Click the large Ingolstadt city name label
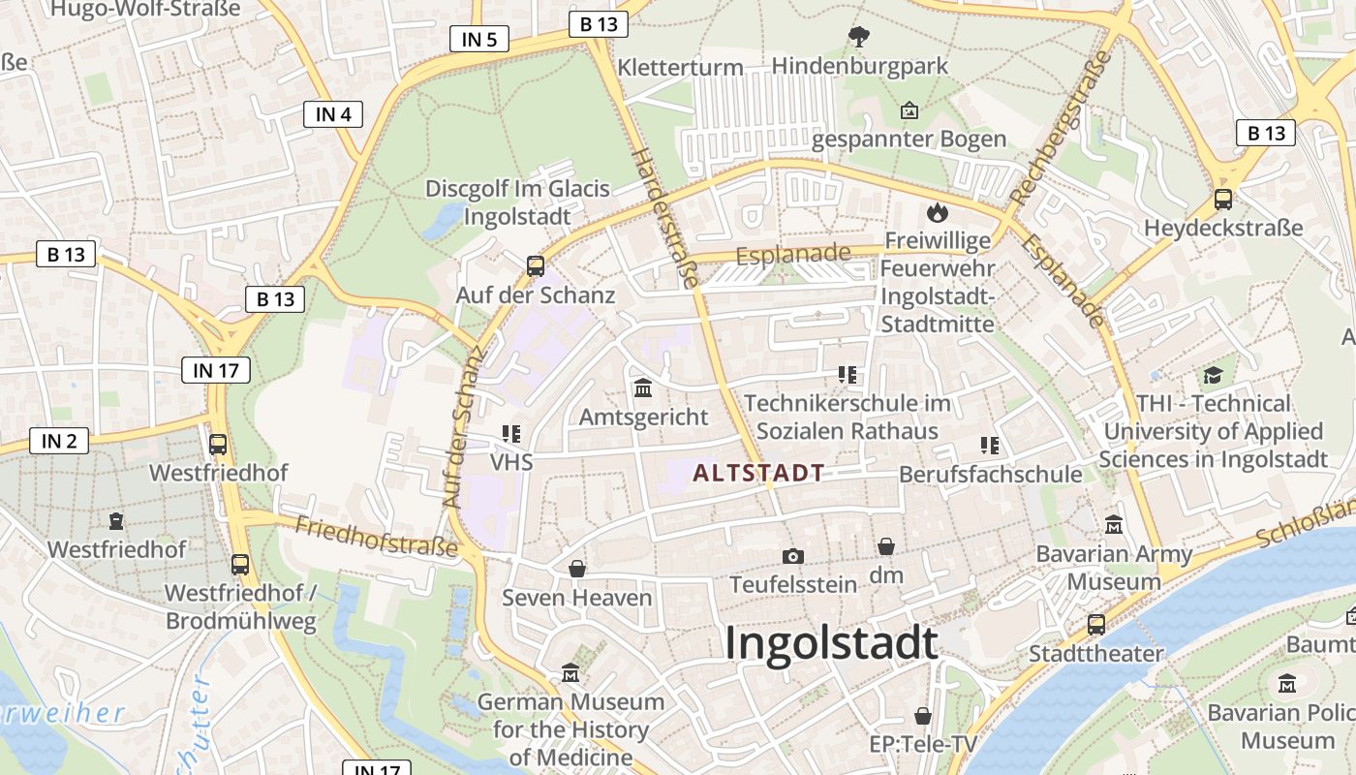point(831,643)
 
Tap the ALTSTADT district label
point(758,474)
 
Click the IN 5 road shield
point(479,39)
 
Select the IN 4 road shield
point(333,114)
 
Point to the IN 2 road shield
point(59,441)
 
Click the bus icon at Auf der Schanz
point(535,265)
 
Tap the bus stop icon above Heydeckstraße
point(1223,200)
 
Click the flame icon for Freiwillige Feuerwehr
point(937,212)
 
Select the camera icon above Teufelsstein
point(793,556)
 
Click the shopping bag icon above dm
point(886,547)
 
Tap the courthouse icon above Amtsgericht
point(643,388)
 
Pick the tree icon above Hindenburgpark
point(858,38)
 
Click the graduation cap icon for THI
point(1213,375)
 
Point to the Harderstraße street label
point(664,218)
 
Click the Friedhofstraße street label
point(376,537)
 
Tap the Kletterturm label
point(680,68)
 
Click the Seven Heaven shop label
point(576,598)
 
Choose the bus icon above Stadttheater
point(1095,625)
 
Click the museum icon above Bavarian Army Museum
point(1114,525)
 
